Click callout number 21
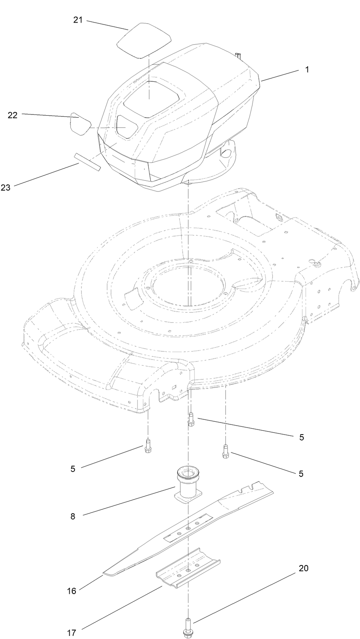pos(78,20)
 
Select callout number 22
pos(13,115)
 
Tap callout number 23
pos(5,188)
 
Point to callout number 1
pos(307,69)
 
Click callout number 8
pos(73,517)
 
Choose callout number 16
pos(72,591)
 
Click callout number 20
pos(303,568)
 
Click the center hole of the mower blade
pos(188,528)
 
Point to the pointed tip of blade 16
pos(105,574)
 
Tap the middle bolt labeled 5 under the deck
pos(190,419)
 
